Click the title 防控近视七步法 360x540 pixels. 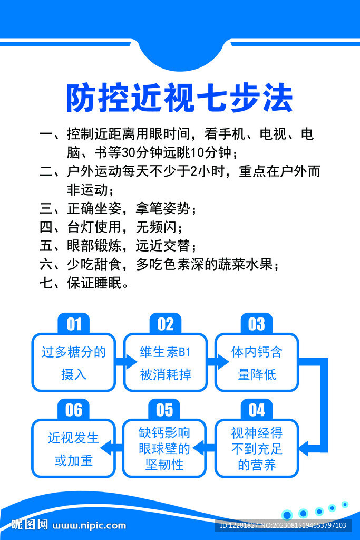[179, 98]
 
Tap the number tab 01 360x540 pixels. [74, 323]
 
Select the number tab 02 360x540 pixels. [165, 323]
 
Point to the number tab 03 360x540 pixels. [257, 323]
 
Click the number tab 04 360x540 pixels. [257, 409]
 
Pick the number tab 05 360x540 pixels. [164, 409]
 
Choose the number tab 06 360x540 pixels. [74, 409]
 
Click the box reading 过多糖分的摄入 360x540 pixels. [74, 362]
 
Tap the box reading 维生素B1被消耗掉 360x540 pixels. [165, 362]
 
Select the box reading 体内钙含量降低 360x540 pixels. [257, 362]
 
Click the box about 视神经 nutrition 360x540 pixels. [257, 448]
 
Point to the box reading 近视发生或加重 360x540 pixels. [74, 448]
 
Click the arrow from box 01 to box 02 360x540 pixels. [126, 362]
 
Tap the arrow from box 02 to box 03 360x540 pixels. [218, 362]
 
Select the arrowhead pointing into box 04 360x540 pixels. [304, 448]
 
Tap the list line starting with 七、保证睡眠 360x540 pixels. [84, 283]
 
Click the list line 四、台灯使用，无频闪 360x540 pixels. [111, 227]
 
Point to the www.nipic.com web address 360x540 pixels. [89, 526]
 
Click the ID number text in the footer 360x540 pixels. [283, 525]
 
